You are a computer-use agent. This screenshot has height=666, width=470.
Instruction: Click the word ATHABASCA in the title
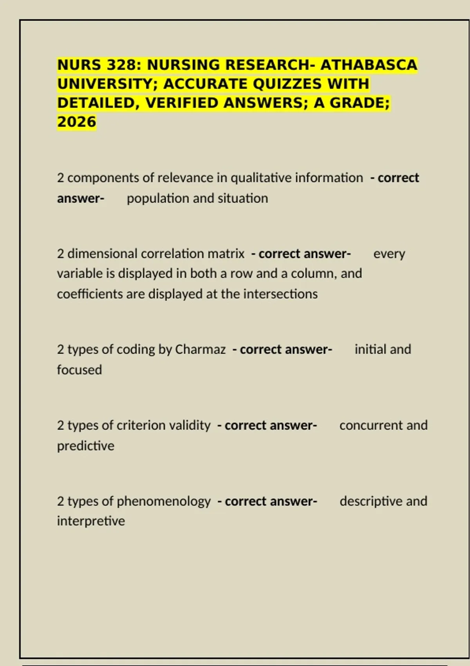369,65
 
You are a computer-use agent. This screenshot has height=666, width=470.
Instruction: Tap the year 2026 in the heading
77,122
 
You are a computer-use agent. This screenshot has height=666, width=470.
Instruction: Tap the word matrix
226,254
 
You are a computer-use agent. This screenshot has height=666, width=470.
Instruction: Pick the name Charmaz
200,349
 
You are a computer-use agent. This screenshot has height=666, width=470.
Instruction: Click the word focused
80,370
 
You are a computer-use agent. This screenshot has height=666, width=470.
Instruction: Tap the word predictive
86,446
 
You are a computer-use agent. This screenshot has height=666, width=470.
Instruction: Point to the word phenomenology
164,501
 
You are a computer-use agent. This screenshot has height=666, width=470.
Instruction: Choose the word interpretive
91,521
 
